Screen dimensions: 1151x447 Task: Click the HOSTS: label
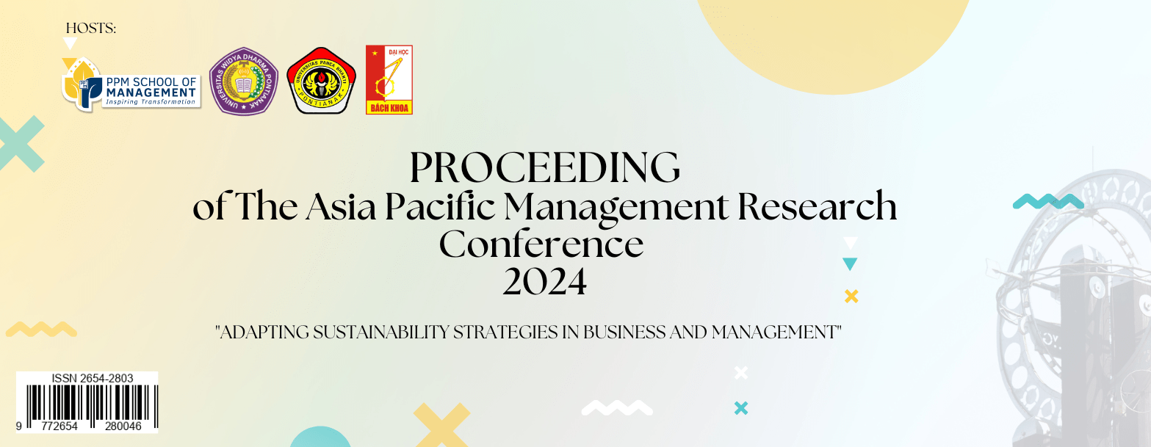[x=91, y=28]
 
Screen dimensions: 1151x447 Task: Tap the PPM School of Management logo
[x=131, y=84]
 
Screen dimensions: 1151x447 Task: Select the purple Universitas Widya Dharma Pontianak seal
[x=244, y=81]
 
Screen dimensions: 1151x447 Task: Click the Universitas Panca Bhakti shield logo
[x=321, y=81]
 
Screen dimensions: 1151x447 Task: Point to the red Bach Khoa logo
[x=389, y=79]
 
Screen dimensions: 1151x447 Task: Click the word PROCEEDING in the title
[x=545, y=167]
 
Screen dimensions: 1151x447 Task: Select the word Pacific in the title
[x=440, y=206]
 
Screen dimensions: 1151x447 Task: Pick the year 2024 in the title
[x=545, y=281]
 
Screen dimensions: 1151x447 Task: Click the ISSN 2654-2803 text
[x=92, y=378]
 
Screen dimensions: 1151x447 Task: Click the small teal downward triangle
[x=850, y=264]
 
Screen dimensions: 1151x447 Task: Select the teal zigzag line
[x=1048, y=201]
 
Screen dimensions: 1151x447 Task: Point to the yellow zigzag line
[x=41, y=329]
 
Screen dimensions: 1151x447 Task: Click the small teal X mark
[x=741, y=408]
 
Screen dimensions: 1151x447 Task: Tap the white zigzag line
[x=617, y=407]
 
